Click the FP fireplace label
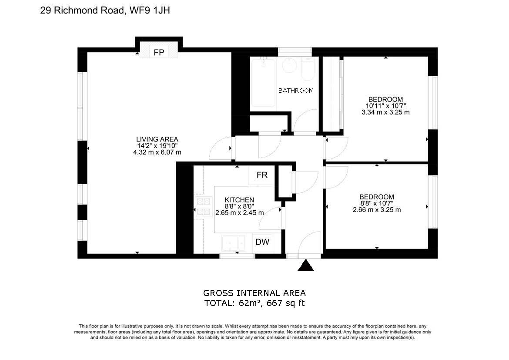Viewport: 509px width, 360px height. pyautogui.click(x=159, y=53)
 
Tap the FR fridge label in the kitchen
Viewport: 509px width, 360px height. pyautogui.click(x=262, y=175)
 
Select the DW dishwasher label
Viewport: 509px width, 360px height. pyautogui.click(x=262, y=242)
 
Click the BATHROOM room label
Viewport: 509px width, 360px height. pyautogui.click(x=296, y=91)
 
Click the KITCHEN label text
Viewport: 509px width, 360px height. pyautogui.click(x=239, y=200)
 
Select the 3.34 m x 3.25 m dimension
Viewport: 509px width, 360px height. pyautogui.click(x=385, y=112)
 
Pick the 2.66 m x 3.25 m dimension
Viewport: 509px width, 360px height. pyautogui.click(x=377, y=209)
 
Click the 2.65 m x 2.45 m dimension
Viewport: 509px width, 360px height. pyautogui.click(x=240, y=213)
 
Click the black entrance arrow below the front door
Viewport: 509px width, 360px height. pyautogui.click(x=306, y=266)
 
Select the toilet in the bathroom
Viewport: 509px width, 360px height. pyautogui.click(x=307, y=70)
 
